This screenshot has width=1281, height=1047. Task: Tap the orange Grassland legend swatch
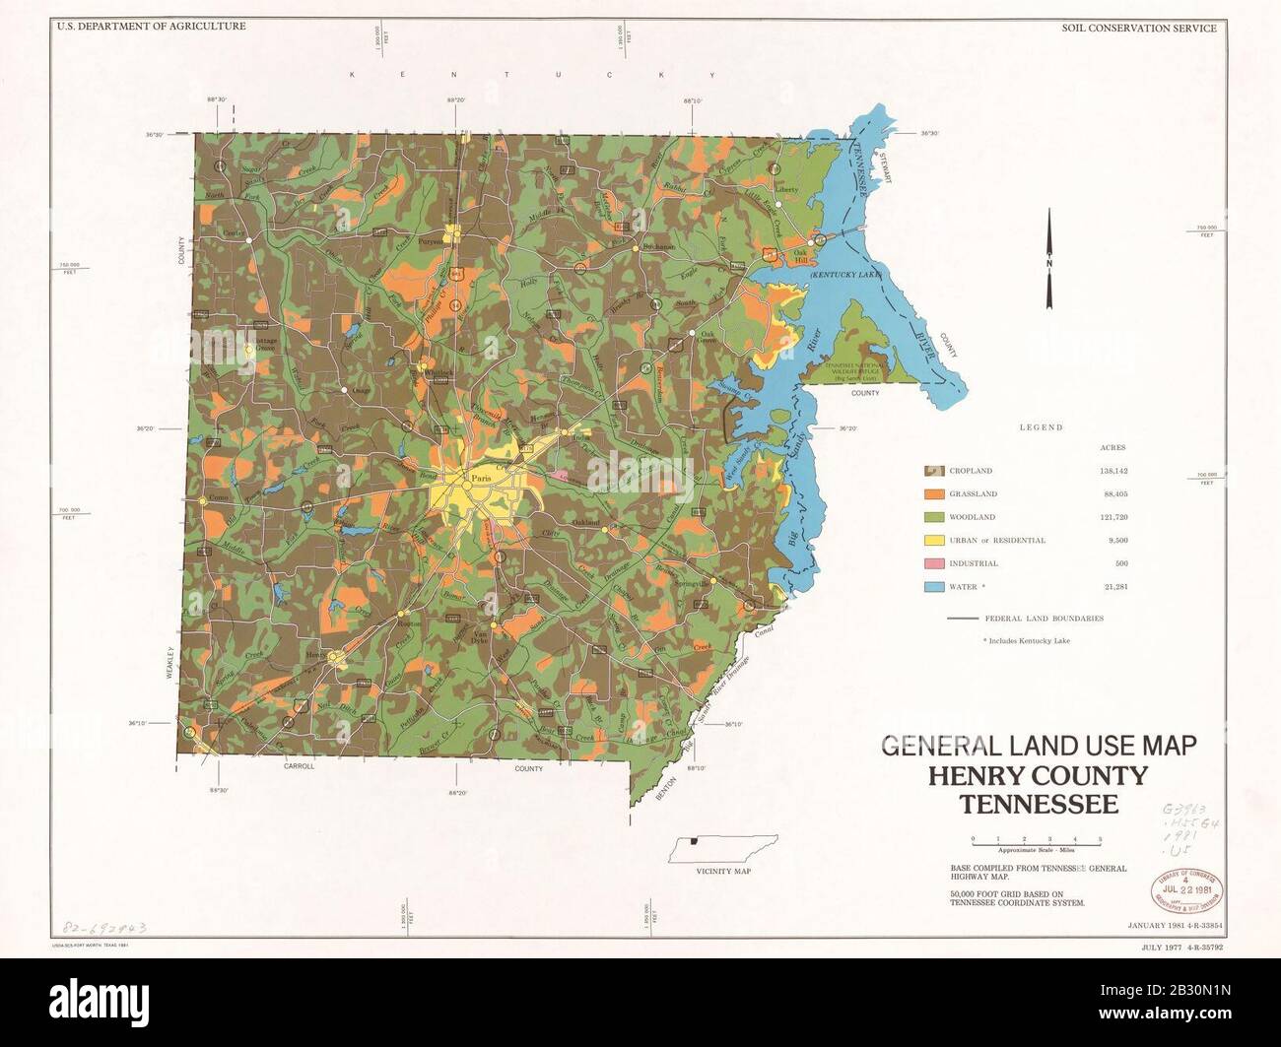point(934,493)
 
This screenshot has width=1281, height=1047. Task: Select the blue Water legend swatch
point(934,587)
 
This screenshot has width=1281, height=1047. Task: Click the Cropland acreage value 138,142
point(1112,471)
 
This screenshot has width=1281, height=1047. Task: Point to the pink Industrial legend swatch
point(934,563)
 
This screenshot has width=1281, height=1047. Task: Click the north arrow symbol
point(1049,260)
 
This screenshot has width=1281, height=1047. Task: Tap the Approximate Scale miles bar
point(1036,839)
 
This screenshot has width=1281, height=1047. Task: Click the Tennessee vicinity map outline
point(722,848)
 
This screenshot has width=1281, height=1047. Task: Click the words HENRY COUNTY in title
point(1038,776)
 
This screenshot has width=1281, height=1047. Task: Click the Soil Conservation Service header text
point(1138,28)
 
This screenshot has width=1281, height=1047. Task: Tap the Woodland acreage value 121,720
point(1112,517)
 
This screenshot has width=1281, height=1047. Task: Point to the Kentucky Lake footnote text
point(1026,641)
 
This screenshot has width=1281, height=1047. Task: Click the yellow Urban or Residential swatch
point(934,541)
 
